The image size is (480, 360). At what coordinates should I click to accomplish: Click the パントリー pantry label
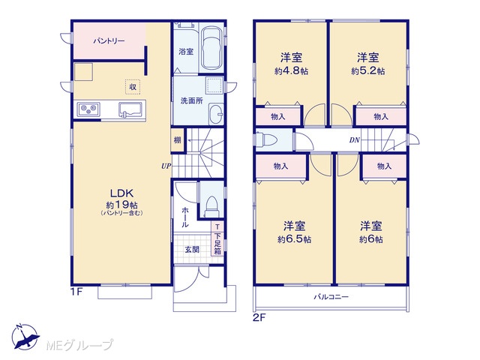(109, 41)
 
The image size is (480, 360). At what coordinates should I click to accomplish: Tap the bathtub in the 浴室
(211, 49)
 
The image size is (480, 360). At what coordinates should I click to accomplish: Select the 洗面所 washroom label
(192, 100)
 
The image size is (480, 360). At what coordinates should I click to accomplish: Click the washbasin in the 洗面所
(216, 114)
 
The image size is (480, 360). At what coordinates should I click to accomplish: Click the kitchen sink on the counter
(130, 110)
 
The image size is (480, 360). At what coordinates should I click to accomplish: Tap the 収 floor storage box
(133, 87)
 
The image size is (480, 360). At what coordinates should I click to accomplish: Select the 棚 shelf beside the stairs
(178, 140)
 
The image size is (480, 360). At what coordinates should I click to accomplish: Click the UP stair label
(166, 166)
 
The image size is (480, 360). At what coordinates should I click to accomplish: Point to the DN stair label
(355, 140)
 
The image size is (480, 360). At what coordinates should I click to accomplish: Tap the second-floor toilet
(266, 139)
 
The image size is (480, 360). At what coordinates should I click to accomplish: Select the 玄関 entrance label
(192, 250)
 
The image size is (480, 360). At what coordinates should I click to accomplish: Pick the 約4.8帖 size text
(291, 71)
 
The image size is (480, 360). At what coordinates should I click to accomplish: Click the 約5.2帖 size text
(368, 71)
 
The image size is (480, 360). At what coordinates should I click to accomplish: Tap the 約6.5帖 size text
(294, 239)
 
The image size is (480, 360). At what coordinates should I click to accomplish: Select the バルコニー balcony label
(331, 297)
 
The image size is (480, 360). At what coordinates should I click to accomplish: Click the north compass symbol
(25, 337)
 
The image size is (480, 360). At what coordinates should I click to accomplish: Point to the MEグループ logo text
(79, 345)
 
